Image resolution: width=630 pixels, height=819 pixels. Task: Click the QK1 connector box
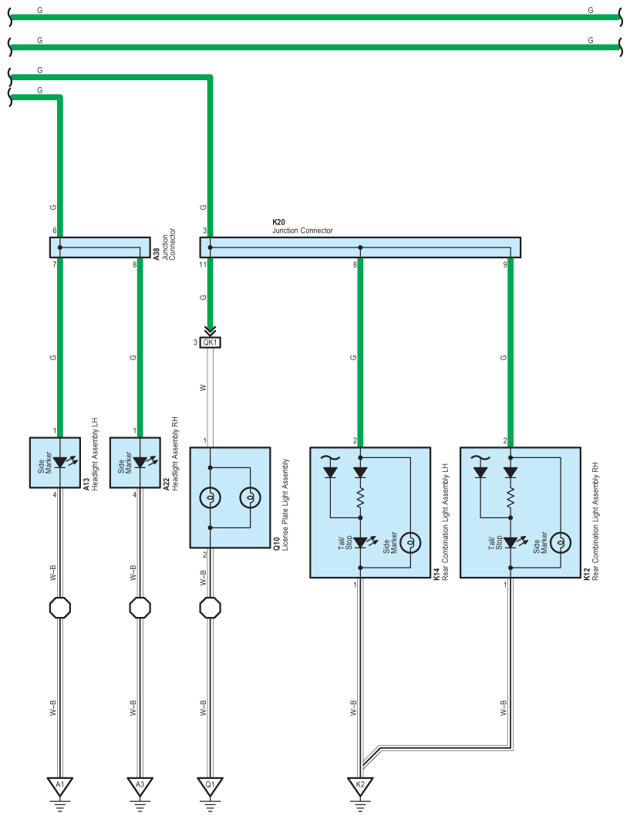(210, 342)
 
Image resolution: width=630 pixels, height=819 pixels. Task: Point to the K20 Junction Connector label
(302, 226)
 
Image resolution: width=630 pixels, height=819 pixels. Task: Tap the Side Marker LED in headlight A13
(60, 462)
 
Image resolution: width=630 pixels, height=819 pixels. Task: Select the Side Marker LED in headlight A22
(140, 462)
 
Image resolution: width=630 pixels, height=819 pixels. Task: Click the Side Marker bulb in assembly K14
(410, 543)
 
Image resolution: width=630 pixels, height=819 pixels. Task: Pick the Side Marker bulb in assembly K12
(561, 543)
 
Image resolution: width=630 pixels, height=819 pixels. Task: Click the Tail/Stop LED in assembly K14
(360, 543)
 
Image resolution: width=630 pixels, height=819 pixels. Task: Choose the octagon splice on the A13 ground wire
(60, 608)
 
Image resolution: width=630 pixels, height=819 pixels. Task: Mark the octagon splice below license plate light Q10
(210, 608)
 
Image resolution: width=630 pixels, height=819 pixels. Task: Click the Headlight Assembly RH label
(176, 453)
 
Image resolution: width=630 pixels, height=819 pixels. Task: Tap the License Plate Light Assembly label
(285, 504)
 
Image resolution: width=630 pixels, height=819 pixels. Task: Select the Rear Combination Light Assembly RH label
(595, 521)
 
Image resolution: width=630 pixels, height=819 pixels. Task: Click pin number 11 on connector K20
(203, 265)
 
